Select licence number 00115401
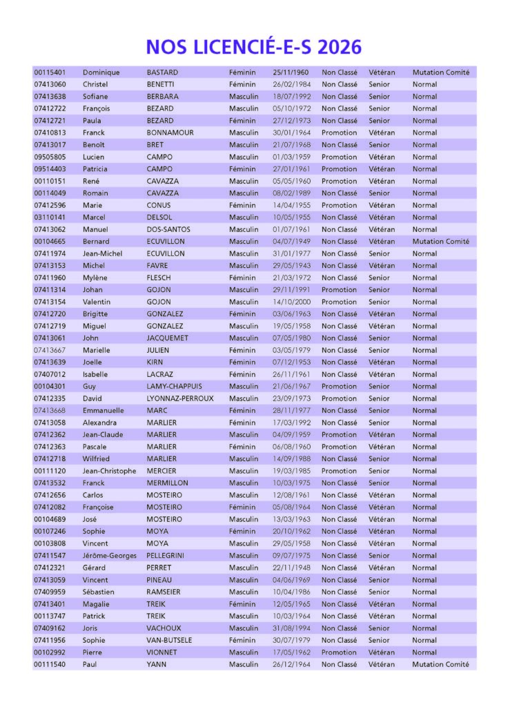coord(50,72)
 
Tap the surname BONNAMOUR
coord(170,133)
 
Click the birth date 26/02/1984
coord(291,84)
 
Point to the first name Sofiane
coord(96,97)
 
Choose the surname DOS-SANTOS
coord(168,229)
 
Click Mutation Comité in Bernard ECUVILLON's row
coord(441,242)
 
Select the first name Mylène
coord(95,278)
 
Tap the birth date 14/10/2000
coord(291,302)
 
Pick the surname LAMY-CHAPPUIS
coord(175,387)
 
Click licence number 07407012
coord(50,374)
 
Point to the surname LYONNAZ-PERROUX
coord(180,398)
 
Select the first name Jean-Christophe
coord(108,471)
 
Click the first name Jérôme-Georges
coord(109,556)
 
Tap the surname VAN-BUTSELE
coord(170,640)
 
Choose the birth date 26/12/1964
coord(291,664)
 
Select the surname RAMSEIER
coord(166,592)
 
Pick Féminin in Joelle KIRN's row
coord(242,362)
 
